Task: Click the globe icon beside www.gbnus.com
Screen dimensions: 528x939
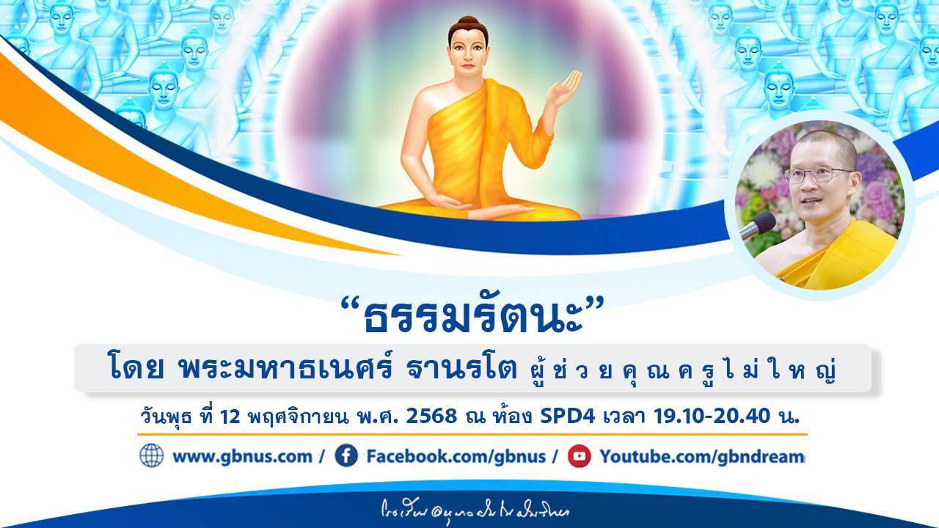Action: pyautogui.click(x=151, y=456)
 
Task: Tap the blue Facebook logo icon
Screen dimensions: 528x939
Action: pyautogui.click(x=346, y=456)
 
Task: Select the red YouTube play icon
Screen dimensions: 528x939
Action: pyautogui.click(x=580, y=456)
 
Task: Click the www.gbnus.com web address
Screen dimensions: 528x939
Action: pyautogui.click(x=242, y=456)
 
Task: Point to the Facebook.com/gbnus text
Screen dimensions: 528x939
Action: pyautogui.click(x=456, y=456)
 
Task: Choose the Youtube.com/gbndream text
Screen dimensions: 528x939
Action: pyautogui.click(x=702, y=456)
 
